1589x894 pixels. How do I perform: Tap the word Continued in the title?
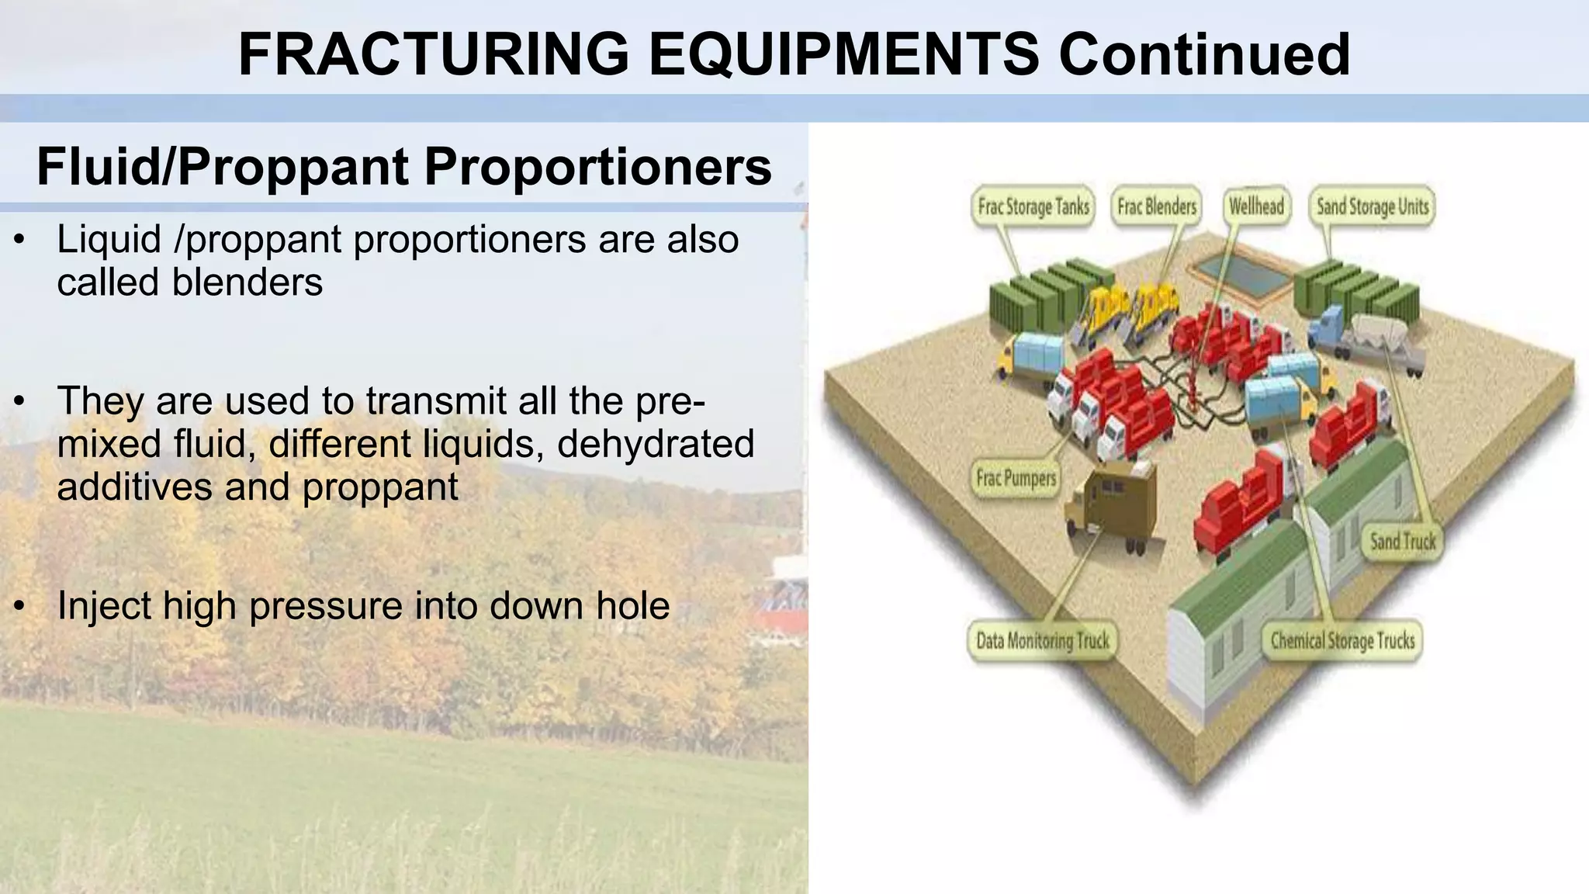coord(1204,54)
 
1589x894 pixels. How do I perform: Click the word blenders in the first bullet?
coord(247,281)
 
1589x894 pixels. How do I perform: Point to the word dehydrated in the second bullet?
coord(656,443)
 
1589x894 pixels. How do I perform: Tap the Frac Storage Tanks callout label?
coord(1033,206)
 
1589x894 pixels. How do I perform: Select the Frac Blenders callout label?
coord(1156,206)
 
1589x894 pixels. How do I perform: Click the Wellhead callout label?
coord(1256,206)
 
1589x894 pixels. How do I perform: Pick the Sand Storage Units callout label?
coord(1372,206)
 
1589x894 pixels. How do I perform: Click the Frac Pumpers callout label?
coord(1016,477)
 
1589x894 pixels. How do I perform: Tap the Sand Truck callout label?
coord(1402,541)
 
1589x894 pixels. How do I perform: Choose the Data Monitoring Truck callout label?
coord(1042,640)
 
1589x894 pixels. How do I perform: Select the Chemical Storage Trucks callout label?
coord(1341,640)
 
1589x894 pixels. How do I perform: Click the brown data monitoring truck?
coord(1111,504)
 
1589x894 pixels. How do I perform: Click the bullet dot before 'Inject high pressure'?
coord(20,606)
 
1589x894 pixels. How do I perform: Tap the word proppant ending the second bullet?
coord(380,487)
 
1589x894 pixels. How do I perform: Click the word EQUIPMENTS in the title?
coord(843,54)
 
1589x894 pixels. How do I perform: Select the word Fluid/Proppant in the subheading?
coord(223,167)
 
